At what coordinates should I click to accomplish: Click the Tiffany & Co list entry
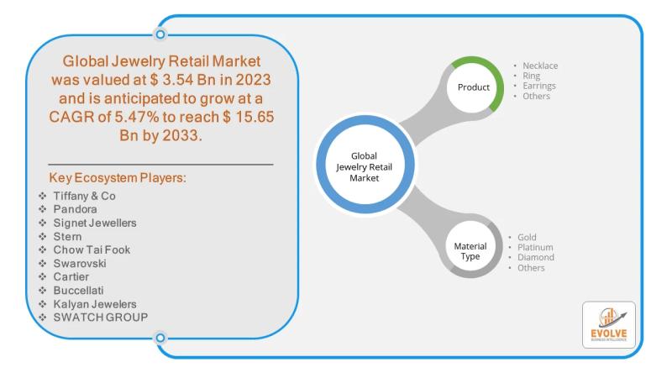85,196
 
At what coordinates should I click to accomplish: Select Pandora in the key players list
75,209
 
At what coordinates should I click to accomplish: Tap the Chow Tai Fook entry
92,249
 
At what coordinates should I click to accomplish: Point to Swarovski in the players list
80,263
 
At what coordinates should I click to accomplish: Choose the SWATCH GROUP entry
101,318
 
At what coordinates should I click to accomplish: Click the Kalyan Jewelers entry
95,304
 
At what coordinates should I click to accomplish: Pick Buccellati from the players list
78,290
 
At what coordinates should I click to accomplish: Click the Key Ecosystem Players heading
118,178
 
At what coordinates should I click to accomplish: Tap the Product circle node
474,87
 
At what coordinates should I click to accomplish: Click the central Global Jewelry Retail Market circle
365,165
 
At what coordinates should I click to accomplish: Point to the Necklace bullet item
540,66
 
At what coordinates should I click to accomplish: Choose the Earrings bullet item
539,86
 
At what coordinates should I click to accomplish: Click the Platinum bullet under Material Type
535,247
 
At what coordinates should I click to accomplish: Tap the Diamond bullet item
536,257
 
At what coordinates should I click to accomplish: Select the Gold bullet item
527,237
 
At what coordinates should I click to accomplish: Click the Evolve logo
608,325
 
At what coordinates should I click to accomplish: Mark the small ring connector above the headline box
160,34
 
